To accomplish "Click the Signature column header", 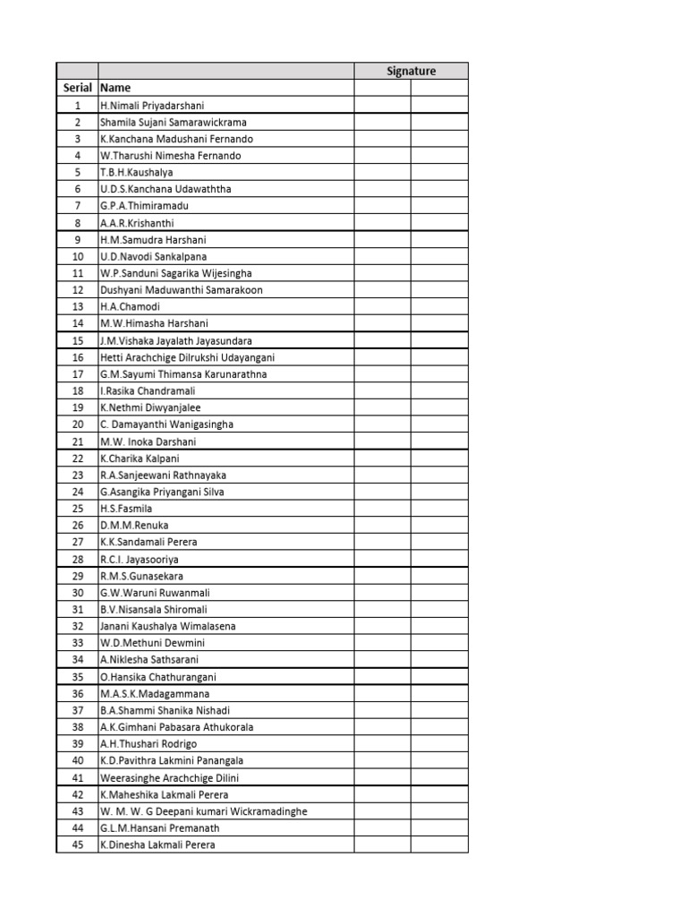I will [411, 71].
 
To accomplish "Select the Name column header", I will [115, 88].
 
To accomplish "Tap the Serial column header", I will [78, 88].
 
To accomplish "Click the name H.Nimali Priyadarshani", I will [152, 105].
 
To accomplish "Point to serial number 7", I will [78, 206].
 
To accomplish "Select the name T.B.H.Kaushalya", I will [137, 172].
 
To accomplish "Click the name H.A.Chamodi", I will [131, 306].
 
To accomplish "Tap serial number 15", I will [78, 340].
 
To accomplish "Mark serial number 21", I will [78, 441].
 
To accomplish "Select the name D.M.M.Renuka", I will [134, 525].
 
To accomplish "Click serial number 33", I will [78, 643].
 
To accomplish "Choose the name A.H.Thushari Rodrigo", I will [148, 743].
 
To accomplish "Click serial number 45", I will [78, 844].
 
